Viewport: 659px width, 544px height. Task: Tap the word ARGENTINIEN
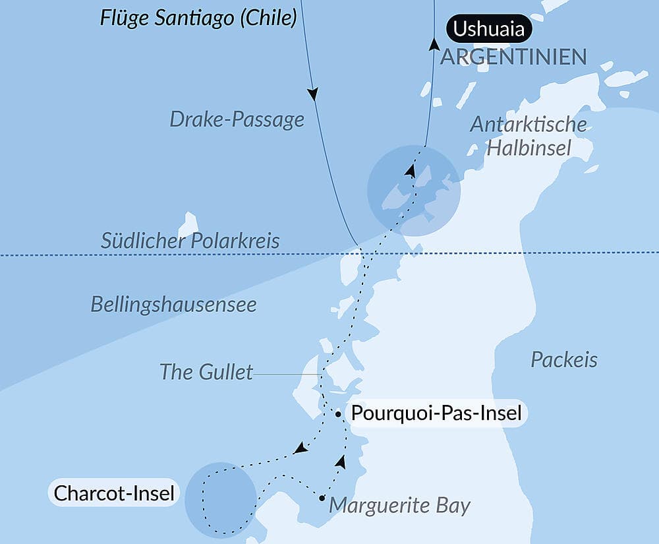pos(513,57)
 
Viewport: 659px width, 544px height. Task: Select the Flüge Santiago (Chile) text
pos(198,18)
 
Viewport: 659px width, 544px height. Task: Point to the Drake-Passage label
pos(237,119)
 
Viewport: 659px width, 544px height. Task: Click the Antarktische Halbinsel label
pos(528,136)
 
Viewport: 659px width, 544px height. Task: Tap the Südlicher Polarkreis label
pos(190,241)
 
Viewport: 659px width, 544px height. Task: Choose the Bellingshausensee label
pos(173,304)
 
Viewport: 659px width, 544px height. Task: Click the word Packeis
pos(564,359)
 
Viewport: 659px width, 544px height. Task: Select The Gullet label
pos(206,372)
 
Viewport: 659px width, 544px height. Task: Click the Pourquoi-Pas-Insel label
pos(437,414)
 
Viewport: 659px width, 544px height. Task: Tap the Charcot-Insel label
pos(114,493)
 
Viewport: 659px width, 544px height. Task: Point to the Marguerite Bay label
pos(399,506)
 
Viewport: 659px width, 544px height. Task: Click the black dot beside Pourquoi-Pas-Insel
pos(338,414)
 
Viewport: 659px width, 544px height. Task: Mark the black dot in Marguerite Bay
pos(322,498)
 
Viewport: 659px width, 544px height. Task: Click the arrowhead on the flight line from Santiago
pos(313,94)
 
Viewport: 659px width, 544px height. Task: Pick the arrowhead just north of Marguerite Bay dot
pos(341,460)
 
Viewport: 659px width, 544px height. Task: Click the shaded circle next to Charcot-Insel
pos(221,498)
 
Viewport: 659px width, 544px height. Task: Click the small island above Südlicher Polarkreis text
pos(188,224)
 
